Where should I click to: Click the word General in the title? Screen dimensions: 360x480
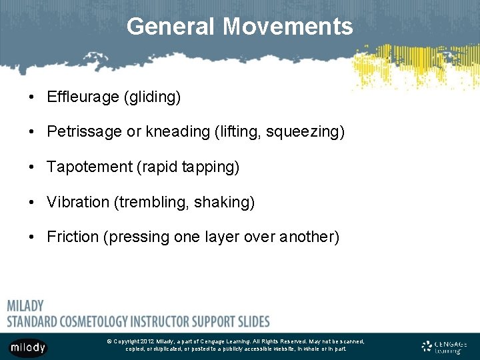point(171,27)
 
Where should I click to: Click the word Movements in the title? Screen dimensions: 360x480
point(288,27)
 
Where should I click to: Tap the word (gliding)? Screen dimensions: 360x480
point(152,97)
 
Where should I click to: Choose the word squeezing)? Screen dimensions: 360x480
point(305,132)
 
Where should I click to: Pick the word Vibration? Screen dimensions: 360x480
point(78,202)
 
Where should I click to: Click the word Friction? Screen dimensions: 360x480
point(73,237)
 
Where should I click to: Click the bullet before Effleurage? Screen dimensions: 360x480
point(31,98)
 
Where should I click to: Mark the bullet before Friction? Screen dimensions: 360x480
point(31,237)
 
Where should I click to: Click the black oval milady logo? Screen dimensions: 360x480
point(28,347)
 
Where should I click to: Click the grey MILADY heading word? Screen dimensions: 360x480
point(25,306)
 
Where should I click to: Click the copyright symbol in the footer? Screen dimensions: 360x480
point(109,341)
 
